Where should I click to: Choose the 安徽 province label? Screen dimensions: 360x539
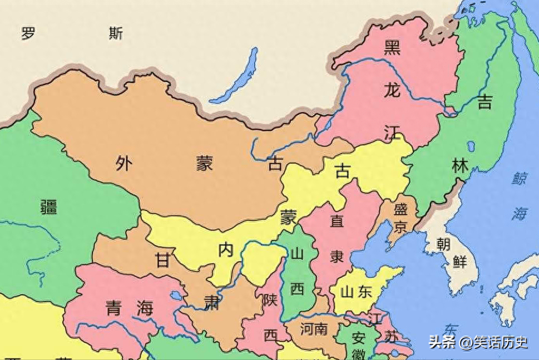(x=359, y=346)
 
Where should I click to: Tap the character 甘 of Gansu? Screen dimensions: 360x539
(x=162, y=260)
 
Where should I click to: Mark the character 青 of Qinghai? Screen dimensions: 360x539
(x=113, y=308)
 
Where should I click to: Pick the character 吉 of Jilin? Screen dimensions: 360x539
(x=485, y=101)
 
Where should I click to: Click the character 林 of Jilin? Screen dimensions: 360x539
(x=460, y=165)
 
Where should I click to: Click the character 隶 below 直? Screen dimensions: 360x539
(x=337, y=257)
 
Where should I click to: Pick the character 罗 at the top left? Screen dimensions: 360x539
(x=28, y=33)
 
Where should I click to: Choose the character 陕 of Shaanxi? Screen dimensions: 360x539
(x=270, y=300)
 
